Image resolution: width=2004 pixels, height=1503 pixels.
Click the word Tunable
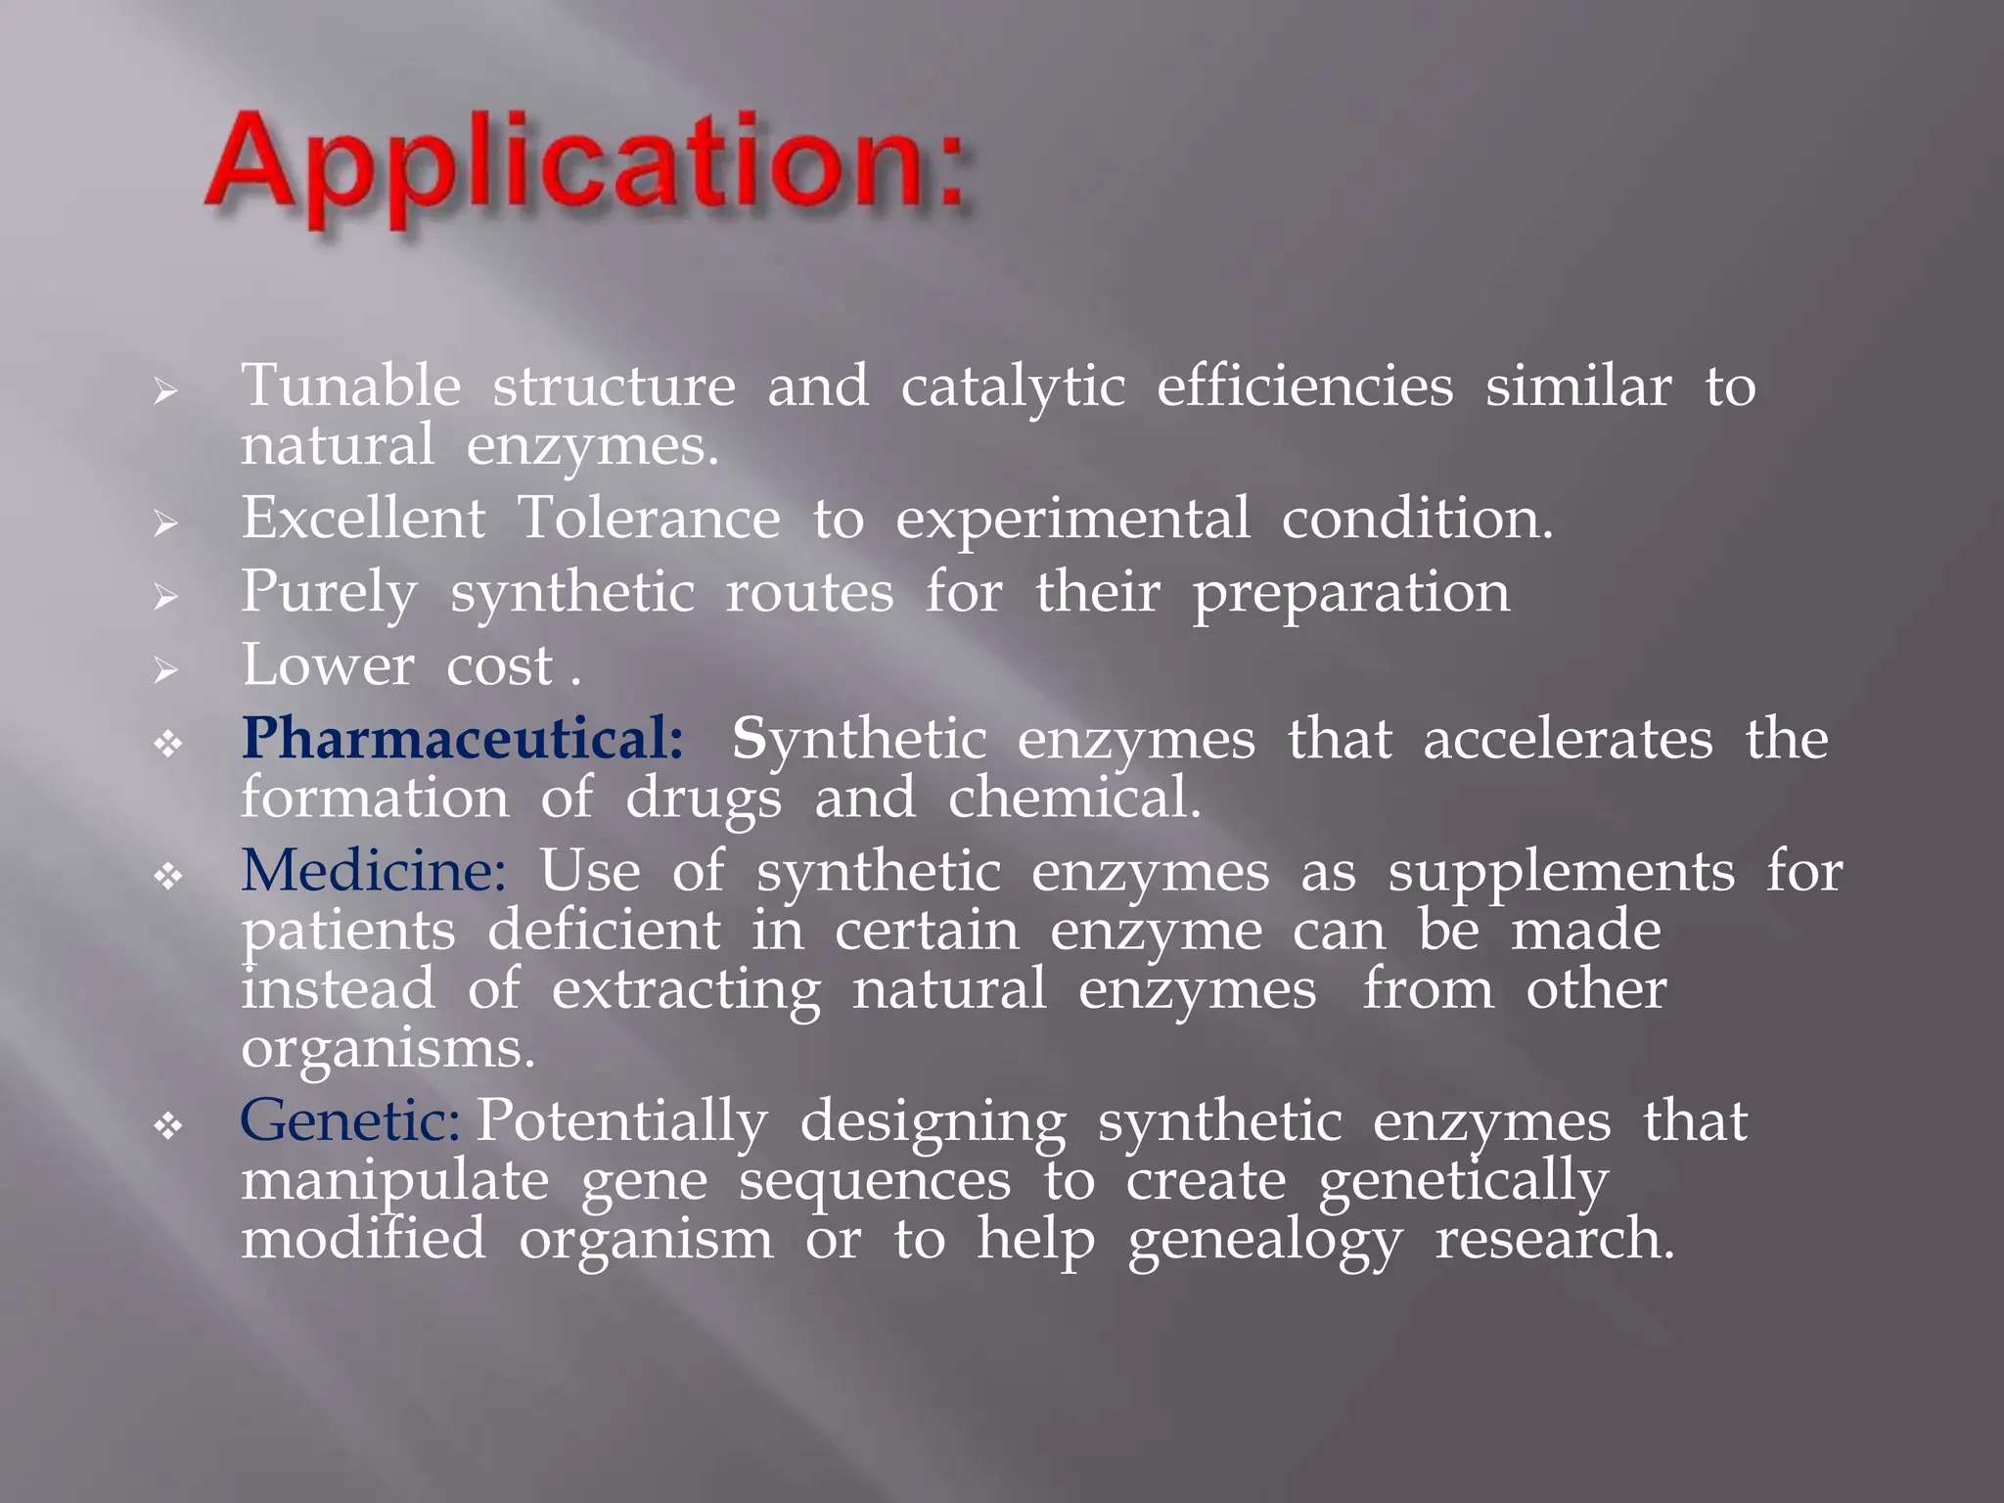tap(350, 387)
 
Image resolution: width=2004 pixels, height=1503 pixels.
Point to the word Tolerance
tap(648, 519)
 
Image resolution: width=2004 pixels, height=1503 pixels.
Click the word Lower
tap(328, 666)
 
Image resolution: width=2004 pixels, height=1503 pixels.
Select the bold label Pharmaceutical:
tap(462, 739)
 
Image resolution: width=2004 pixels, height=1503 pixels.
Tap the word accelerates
tap(1568, 740)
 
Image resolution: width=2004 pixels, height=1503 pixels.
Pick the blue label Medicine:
tap(373, 871)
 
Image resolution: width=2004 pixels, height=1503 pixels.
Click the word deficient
tap(604, 931)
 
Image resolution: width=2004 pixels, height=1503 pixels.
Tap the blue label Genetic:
tap(349, 1121)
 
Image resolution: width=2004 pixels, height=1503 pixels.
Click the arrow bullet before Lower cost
tap(166, 670)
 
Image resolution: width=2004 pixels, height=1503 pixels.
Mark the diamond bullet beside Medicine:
tap(168, 876)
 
